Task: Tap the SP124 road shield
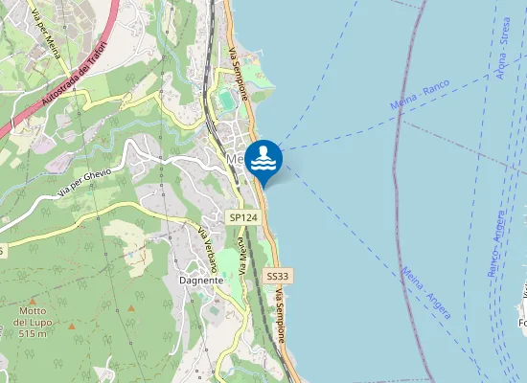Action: tap(243, 218)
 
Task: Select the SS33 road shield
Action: tap(278, 276)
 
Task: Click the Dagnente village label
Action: tap(201, 280)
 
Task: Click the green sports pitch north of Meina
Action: tap(226, 99)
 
